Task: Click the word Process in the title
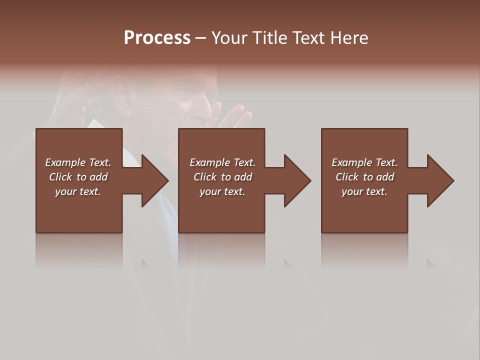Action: [157, 37]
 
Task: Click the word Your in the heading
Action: [229, 37]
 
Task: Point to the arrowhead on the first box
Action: [152, 180]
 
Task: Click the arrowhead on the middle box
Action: [295, 180]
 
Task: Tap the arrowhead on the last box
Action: [438, 180]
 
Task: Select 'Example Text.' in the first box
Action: [78, 162]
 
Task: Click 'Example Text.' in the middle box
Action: [222, 162]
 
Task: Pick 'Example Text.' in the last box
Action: [364, 162]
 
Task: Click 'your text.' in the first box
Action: [78, 191]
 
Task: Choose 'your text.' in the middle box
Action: [222, 191]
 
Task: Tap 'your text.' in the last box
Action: [364, 191]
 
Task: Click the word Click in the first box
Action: [60, 177]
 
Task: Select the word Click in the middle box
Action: [205, 177]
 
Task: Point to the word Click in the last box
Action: [347, 177]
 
